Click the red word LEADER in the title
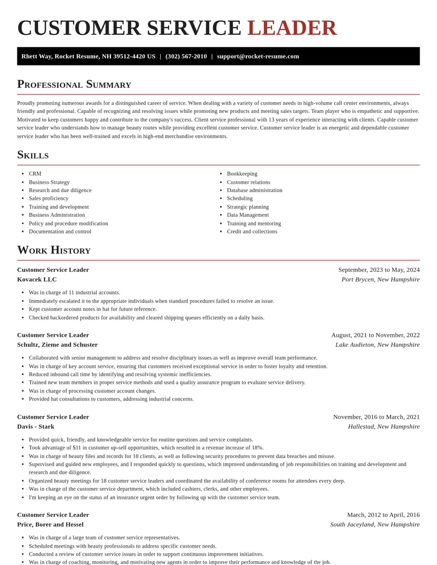pyautogui.click(x=292, y=28)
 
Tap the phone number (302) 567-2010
pyautogui.click(x=186, y=56)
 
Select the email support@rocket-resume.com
pyautogui.click(x=258, y=56)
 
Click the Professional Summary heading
pyautogui.click(x=74, y=84)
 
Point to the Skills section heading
pyautogui.click(x=33, y=154)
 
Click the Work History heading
pyautogui.click(x=54, y=250)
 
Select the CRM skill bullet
pyautogui.click(x=35, y=174)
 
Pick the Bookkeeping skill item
pyautogui.click(x=242, y=174)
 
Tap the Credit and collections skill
pyautogui.click(x=252, y=231)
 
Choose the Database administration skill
pyautogui.click(x=255, y=190)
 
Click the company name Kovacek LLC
pyautogui.click(x=37, y=279)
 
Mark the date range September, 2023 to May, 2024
pyautogui.click(x=379, y=270)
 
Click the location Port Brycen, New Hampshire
pyautogui.click(x=380, y=279)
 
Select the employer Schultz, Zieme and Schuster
pyautogui.click(x=57, y=344)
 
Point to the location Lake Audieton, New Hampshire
pyautogui.click(x=377, y=344)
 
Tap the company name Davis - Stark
pyautogui.click(x=36, y=426)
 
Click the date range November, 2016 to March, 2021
pyautogui.click(x=376, y=417)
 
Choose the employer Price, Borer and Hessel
pyautogui.click(x=50, y=525)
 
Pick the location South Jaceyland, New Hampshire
pyautogui.click(x=375, y=525)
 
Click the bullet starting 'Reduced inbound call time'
pyautogui.click(x=120, y=374)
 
